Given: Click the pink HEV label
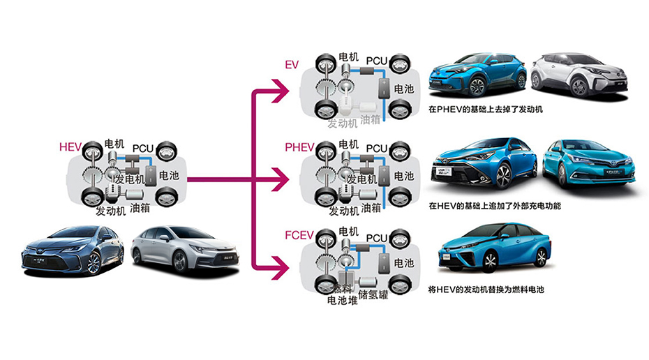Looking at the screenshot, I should (71, 148).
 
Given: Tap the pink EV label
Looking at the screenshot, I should (292, 65).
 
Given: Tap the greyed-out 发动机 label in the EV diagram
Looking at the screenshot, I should (343, 123).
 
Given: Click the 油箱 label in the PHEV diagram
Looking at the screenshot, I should (371, 208).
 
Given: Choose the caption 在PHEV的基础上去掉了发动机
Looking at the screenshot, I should (485, 110).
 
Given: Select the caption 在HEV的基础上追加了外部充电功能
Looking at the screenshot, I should (495, 207).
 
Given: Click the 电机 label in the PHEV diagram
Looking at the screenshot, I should (348, 144).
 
